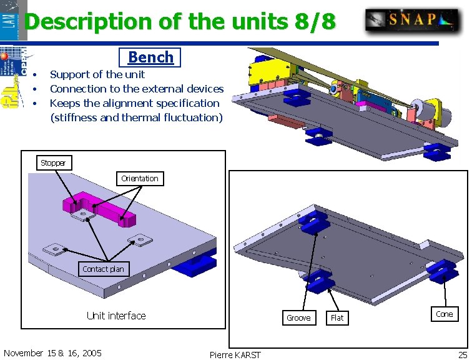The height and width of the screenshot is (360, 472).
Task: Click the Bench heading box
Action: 150,57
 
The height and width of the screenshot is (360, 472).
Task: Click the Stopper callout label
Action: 53,163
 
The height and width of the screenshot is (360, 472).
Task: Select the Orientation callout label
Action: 140,178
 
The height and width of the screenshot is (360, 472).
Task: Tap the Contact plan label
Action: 103,269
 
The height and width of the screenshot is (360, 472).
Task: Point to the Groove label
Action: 298,317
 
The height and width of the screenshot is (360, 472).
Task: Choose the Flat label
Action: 337,317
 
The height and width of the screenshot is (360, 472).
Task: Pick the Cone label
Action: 445,314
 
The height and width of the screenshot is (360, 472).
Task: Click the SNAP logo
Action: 412,19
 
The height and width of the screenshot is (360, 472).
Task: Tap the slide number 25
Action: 463,354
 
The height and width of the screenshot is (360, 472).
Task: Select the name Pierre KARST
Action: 235,355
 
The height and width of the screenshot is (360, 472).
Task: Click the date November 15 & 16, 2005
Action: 52,353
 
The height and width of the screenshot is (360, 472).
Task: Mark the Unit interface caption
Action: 116,316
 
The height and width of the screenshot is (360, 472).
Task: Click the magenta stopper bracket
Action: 100,207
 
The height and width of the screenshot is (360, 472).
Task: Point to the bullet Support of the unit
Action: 97,74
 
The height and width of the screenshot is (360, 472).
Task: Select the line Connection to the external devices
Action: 136,89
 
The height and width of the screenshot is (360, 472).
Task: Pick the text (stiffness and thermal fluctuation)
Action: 136,117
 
